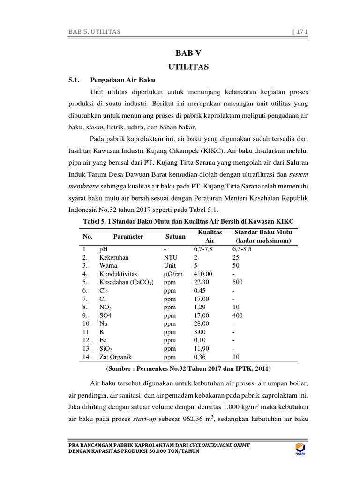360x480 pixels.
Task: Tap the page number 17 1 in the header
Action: pos(298,31)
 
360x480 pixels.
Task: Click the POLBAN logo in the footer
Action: pos(297,448)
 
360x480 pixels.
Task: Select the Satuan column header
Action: pos(175,236)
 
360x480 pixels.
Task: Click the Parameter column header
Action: pos(128,236)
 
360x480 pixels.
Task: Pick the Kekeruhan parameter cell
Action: pos(114,257)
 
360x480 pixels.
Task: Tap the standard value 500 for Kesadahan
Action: pos(238,282)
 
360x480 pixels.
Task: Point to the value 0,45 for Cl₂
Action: pos(200,290)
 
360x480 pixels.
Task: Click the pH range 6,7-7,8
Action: pos(203,249)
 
